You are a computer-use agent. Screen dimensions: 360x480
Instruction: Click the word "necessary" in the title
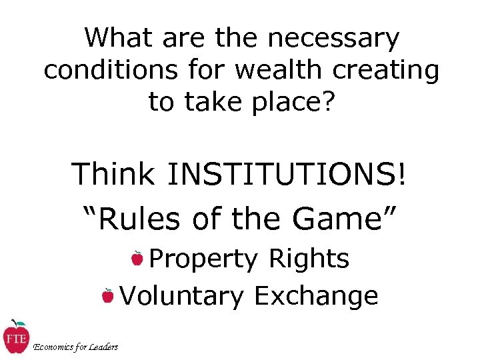click(334, 39)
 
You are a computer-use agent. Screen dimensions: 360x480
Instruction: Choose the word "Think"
click(115, 175)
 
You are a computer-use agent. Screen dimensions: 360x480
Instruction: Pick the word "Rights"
click(309, 259)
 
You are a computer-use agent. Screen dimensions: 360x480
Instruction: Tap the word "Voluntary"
click(181, 296)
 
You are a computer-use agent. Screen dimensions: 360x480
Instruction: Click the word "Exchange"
click(316, 296)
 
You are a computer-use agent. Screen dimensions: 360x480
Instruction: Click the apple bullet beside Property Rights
click(137, 257)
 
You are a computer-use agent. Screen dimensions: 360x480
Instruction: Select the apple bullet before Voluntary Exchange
click(107, 295)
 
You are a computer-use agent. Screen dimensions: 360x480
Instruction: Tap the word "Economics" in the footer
click(51, 347)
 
